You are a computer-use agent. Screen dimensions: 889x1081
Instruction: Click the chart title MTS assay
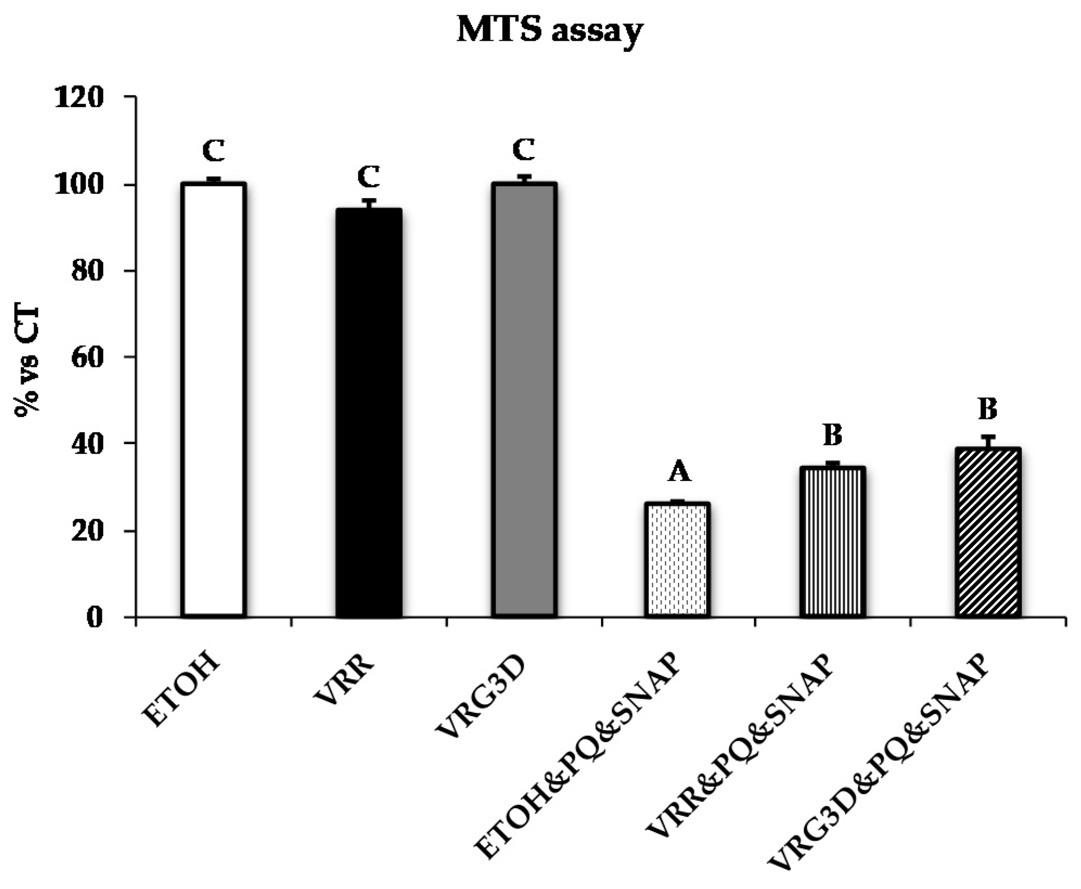click(x=550, y=30)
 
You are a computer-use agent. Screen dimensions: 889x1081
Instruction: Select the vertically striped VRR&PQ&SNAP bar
click(x=832, y=542)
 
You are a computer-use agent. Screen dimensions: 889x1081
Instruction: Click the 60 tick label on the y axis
click(x=87, y=358)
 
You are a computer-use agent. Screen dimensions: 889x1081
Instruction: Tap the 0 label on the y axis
click(x=94, y=618)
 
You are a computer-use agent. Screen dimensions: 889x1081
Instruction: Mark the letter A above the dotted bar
click(x=679, y=471)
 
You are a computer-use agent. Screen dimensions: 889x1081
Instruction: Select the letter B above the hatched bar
click(x=987, y=409)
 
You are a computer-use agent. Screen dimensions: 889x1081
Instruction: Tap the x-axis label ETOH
click(x=182, y=691)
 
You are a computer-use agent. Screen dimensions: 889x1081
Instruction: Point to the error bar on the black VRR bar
click(x=369, y=204)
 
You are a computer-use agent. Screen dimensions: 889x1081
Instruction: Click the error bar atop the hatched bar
click(x=988, y=442)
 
